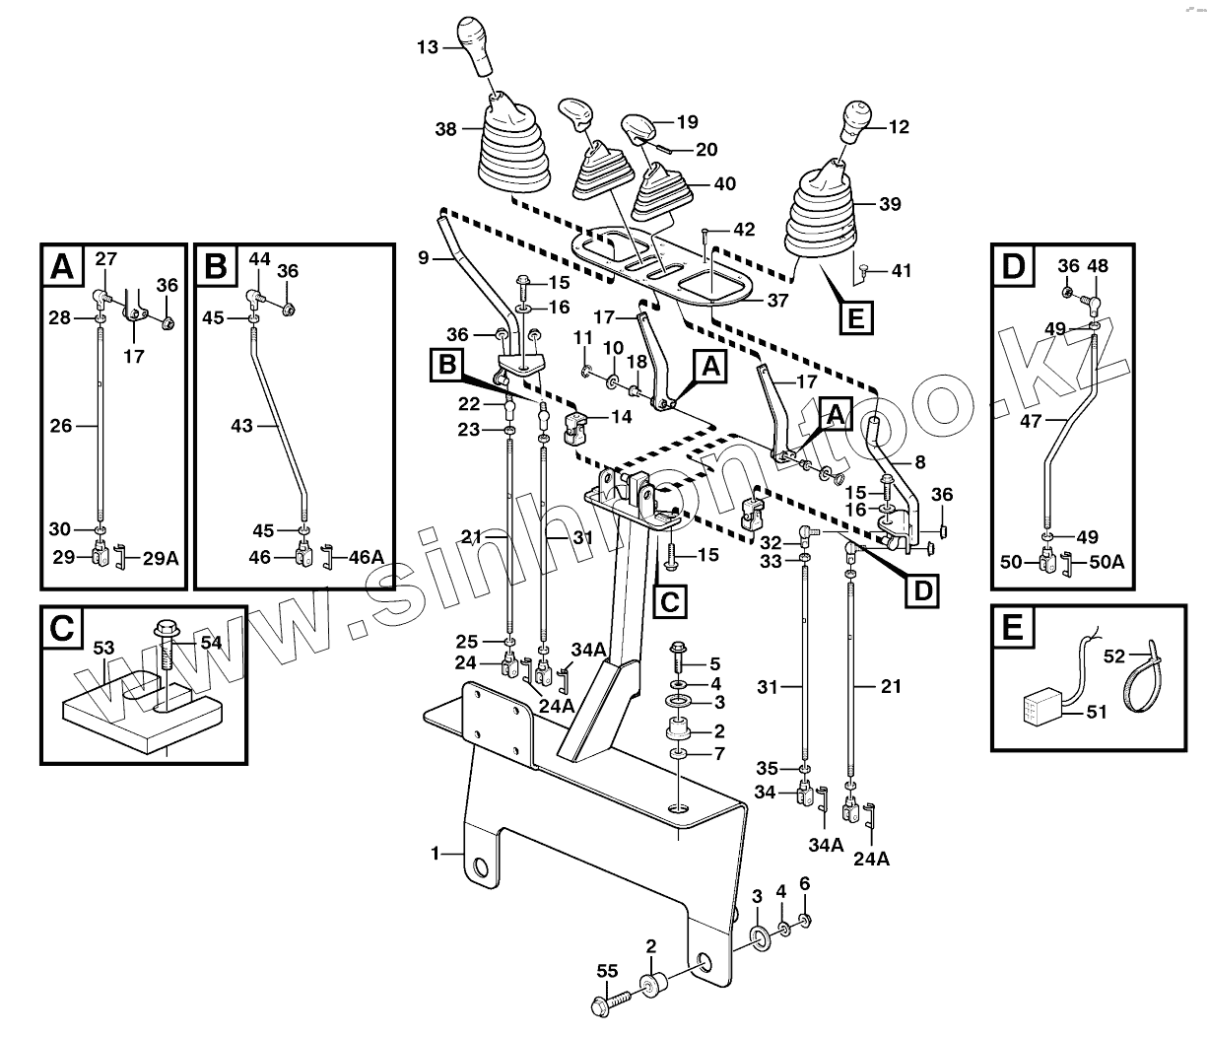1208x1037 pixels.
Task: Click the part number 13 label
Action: (x=428, y=46)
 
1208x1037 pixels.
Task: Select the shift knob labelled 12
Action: (x=855, y=122)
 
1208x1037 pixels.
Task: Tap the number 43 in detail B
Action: (x=241, y=426)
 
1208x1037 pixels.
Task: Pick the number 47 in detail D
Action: (x=1030, y=421)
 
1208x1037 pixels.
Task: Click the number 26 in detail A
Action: (x=61, y=426)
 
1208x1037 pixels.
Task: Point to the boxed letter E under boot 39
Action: (x=854, y=318)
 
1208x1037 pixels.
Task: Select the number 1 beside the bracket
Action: (x=435, y=854)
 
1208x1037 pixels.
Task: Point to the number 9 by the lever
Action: (x=423, y=258)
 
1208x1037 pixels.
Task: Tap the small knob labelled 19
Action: (x=641, y=128)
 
